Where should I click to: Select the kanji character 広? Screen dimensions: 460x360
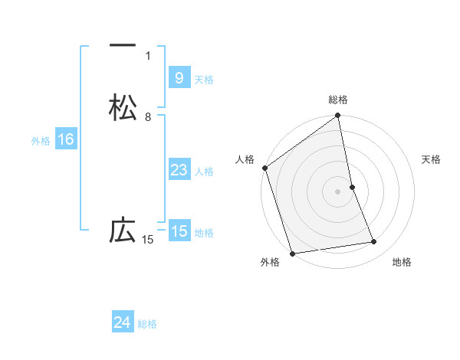coord(123,231)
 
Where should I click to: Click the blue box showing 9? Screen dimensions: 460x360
coord(179,77)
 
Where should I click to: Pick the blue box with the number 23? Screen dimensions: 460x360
coord(179,170)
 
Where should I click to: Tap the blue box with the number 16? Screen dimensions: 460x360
coord(65,139)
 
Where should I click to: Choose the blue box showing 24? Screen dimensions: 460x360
coord(123,322)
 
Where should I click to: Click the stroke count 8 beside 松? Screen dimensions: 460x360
coord(148,117)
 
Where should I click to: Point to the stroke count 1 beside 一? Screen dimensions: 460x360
coord(148,55)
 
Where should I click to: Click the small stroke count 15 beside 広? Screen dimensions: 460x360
coord(148,240)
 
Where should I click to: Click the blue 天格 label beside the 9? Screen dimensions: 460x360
coord(204,79)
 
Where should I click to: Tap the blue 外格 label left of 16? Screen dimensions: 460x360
coord(41,141)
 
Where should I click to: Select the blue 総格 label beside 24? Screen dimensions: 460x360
coord(147,324)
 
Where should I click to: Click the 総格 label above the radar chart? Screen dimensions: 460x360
coord(338,100)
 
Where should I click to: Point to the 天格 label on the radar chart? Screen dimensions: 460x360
coord(432,159)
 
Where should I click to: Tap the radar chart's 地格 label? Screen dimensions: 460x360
coord(402,263)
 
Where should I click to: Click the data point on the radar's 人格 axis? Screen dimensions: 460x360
coord(265,168)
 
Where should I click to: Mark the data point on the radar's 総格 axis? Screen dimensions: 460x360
coord(338,116)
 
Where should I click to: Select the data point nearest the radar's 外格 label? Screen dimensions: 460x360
coord(291,253)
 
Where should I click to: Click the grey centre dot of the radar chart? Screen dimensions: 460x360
coord(338,191)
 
